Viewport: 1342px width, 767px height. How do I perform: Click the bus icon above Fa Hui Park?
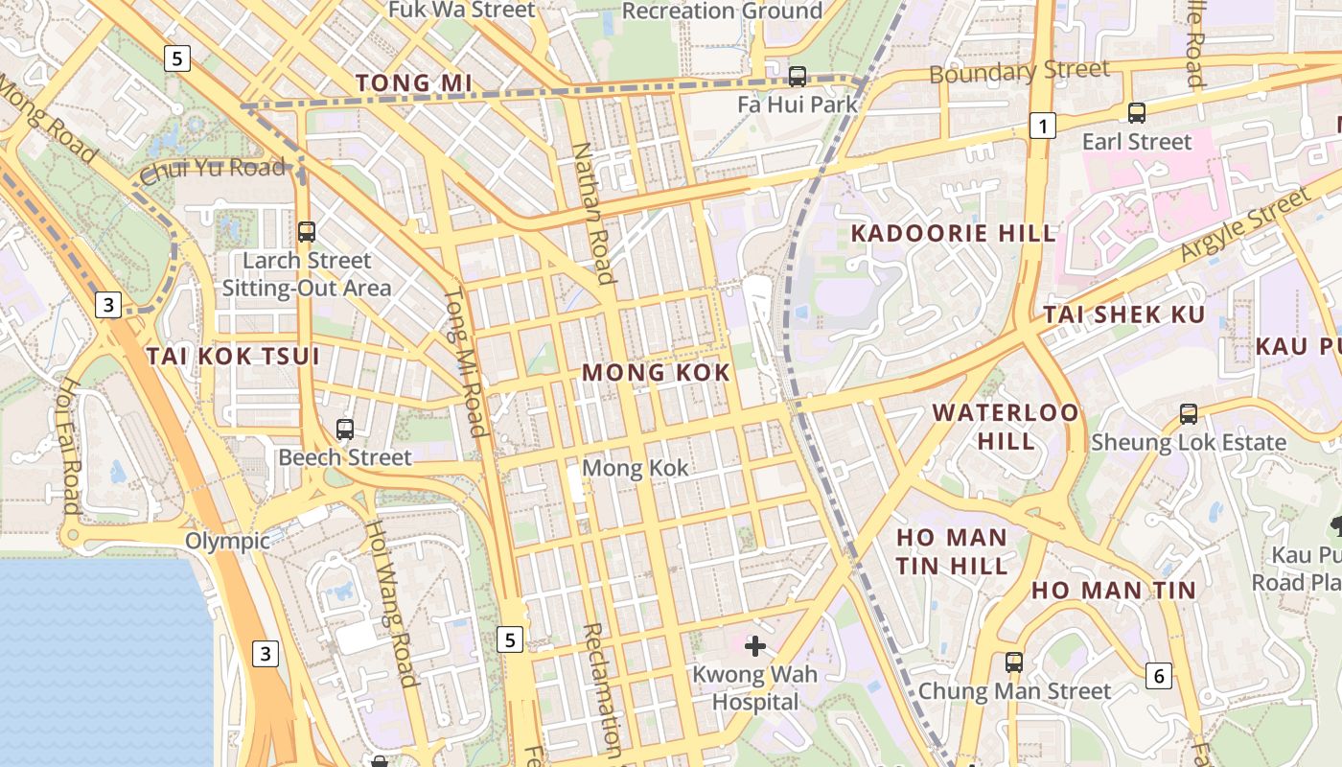[797, 76]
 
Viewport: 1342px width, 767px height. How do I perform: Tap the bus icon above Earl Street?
[1137, 113]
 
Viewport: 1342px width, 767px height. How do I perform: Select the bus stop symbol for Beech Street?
[345, 430]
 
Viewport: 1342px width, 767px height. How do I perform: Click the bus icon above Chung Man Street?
[1013, 662]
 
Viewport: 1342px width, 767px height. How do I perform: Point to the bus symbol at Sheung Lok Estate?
[1189, 414]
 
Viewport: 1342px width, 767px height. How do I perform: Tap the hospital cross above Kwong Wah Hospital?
[755, 646]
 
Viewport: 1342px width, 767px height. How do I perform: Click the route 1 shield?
[1042, 125]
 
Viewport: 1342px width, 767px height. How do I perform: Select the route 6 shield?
[1159, 676]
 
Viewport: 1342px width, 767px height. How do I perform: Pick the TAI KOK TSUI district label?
[233, 357]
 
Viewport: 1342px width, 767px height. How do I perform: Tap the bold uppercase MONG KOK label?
[657, 373]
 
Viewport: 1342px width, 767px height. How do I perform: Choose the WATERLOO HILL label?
[1006, 427]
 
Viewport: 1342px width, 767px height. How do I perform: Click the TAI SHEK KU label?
[1124, 314]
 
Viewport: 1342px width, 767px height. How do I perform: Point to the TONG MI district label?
[414, 83]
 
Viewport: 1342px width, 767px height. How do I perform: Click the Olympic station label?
[227, 541]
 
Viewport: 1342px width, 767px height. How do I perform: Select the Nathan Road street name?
[592, 214]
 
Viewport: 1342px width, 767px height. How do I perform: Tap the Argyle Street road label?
[1244, 226]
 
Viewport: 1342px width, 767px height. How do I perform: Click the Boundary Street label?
[1019, 72]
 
